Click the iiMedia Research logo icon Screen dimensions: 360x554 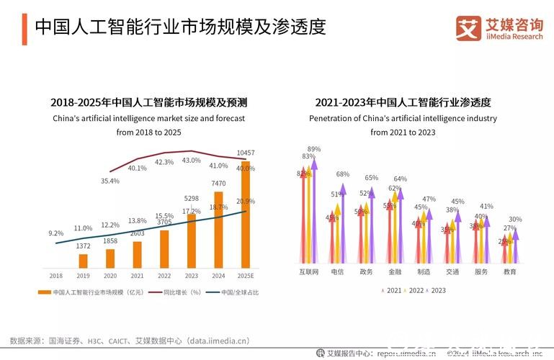click(468, 28)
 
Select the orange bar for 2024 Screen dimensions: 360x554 click(219, 230)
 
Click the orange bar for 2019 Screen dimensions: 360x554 click(83, 261)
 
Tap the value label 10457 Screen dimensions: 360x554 click(246, 153)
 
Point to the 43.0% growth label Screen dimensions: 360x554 click(191, 161)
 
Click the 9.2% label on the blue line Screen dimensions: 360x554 click(56, 233)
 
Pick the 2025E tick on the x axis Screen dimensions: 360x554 click(246, 276)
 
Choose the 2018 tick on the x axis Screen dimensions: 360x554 click(55, 276)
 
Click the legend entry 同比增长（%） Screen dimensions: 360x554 click(177, 292)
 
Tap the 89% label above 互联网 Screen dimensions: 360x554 click(314, 149)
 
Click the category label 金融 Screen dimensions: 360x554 click(394, 272)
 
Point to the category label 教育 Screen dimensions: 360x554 click(509, 272)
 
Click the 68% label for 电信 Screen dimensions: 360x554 click(342, 174)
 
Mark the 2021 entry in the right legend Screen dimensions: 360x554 click(393, 290)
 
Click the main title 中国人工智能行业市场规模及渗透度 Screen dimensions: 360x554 click(180, 27)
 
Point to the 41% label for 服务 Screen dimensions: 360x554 click(486, 207)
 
